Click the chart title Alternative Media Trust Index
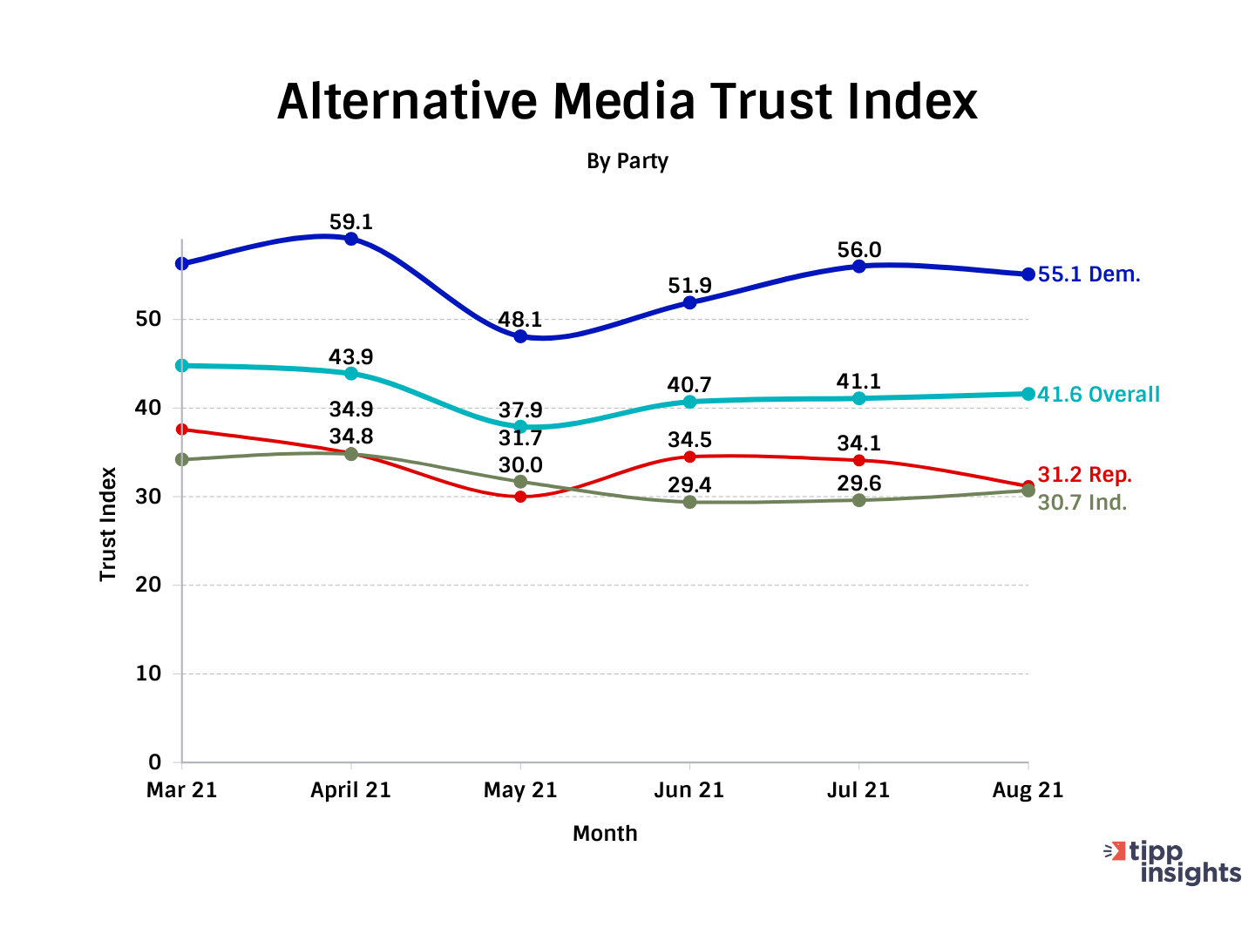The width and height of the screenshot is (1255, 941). tap(627, 101)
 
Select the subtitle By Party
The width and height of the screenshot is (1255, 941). tap(627, 161)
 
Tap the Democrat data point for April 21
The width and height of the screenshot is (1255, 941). tap(351, 239)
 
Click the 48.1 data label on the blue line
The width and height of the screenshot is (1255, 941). tap(520, 320)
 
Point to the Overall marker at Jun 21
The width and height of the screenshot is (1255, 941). tap(690, 402)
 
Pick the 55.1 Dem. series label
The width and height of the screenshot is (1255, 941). tap(1089, 274)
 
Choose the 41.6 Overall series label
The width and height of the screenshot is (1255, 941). tap(1098, 395)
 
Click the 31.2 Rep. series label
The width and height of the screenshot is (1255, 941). tap(1084, 475)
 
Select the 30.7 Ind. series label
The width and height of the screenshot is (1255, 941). tap(1082, 503)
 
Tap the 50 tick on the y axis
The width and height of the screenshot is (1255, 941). tap(149, 319)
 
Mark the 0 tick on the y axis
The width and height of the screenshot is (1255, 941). tap(155, 762)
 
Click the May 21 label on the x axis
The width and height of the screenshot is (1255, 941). tap(520, 790)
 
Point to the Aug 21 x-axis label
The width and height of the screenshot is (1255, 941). tap(1028, 790)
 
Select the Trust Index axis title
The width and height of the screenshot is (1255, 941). tap(108, 525)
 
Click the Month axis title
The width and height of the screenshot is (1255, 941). tap(605, 834)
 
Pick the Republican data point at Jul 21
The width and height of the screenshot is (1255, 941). tap(859, 460)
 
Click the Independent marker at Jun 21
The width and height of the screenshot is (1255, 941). tap(690, 502)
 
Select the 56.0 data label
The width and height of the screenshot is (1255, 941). tap(859, 251)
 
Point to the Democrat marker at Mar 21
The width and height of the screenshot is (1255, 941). tap(182, 263)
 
